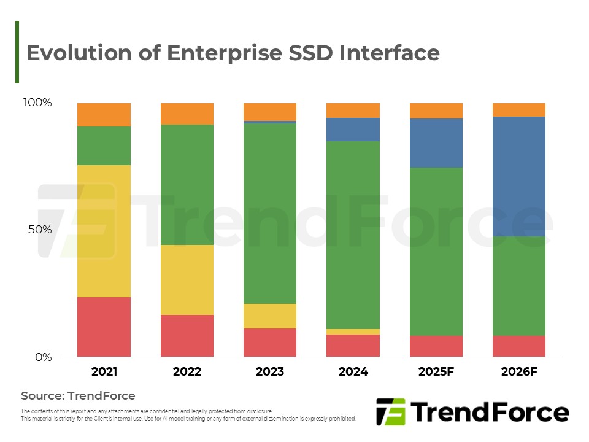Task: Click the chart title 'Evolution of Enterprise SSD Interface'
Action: click(x=233, y=53)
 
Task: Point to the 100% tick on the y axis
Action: click(x=37, y=103)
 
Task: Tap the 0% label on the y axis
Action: click(x=42, y=357)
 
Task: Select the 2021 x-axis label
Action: click(x=104, y=371)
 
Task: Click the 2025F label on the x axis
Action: click(x=436, y=371)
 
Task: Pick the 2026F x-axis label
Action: click(x=519, y=371)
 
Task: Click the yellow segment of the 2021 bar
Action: click(x=104, y=231)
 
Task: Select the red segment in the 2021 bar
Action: click(x=104, y=327)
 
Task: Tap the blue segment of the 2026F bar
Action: click(x=519, y=176)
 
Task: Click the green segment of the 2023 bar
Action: click(x=270, y=213)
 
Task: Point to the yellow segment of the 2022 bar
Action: click(x=187, y=279)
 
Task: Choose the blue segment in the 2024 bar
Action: click(x=353, y=129)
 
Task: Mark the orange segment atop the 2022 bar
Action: click(x=187, y=114)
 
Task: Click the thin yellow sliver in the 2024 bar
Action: click(x=353, y=331)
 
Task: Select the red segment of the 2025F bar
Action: click(x=436, y=346)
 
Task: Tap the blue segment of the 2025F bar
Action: click(x=436, y=142)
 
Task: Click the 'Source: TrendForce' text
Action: click(x=78, y=395)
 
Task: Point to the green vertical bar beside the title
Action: click(x=17, y=52)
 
